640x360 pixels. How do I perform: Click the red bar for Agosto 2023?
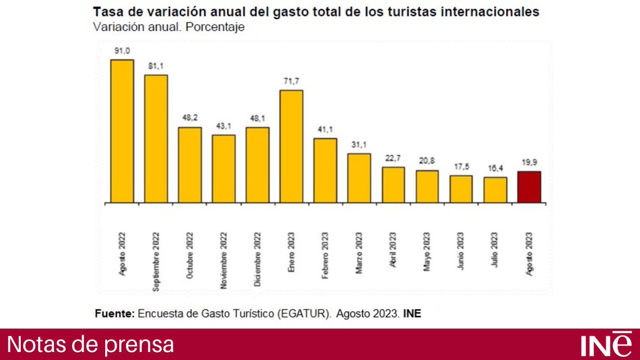(529, 187)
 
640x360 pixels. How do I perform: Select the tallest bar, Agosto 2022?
(122, 131)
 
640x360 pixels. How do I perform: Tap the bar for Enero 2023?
(292, 146)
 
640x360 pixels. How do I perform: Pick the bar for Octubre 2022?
(190, 165)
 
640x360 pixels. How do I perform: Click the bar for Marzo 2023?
(359, 178)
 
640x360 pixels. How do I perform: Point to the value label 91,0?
(122, 51)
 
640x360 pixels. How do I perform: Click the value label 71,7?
(292, 82)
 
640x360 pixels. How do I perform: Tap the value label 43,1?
(223, 126)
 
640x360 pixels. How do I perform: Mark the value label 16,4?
(495, 169)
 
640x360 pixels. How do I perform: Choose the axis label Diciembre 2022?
(258, 260)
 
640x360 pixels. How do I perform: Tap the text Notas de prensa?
(91, 345)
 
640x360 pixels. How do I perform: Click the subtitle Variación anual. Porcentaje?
(169, 27)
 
